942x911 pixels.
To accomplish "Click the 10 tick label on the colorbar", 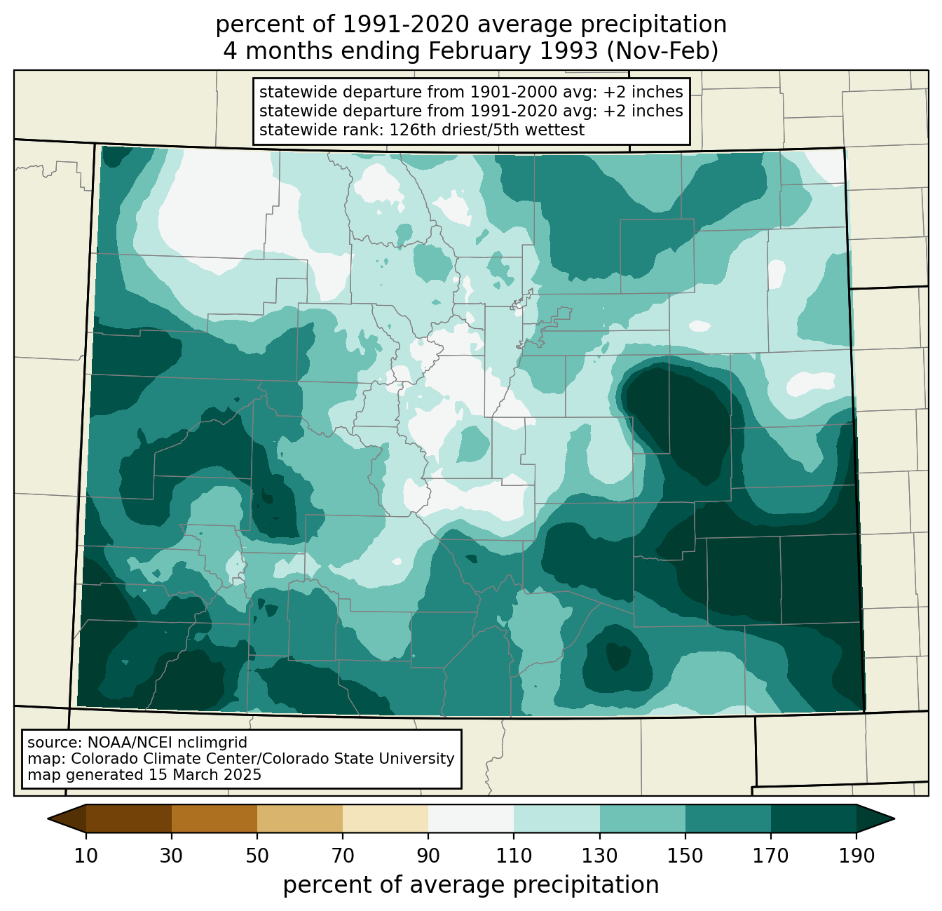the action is [x=86, y=856].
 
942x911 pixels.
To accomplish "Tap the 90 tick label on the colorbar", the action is [x=428, y=856].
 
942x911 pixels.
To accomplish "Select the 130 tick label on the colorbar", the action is [x=599, y=856].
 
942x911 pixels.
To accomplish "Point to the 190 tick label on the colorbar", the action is [x=856, y=856].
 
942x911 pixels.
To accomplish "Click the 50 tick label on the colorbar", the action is [x=257, y=856].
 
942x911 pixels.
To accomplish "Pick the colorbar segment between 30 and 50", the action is [x=214, y=818].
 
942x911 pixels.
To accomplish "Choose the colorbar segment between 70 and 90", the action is [x=385, y=818].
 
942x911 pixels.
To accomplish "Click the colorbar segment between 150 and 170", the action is [x=728, y=818].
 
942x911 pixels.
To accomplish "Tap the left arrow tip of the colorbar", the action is [x=48, y=818].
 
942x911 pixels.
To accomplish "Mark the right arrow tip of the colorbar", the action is [x=894, y=818].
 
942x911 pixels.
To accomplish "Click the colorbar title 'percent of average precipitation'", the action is [x=470, y=885].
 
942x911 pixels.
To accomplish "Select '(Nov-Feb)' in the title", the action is [x=662, y=51].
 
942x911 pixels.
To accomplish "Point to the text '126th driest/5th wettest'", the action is [x=486, y=130].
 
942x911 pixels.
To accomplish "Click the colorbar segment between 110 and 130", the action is [x=557, y=818].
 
